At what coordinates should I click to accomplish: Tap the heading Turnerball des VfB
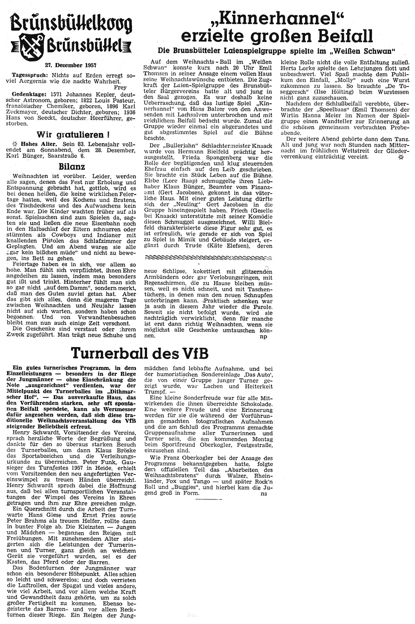(x=140, y=353)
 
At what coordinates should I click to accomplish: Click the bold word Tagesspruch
(x=26, y=75)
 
